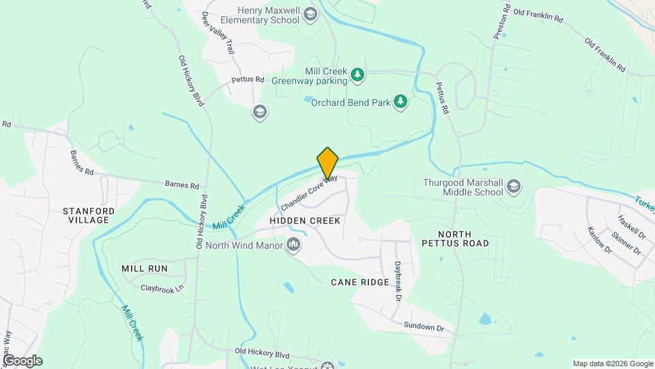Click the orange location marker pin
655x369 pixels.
coord(327,163)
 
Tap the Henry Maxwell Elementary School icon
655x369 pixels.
coord(310,14)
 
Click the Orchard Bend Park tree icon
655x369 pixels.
coord(401,102)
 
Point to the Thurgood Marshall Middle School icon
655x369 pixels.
coord(513,187)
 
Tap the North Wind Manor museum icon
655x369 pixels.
coord(294,245)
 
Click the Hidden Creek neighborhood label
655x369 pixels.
coord(305,221)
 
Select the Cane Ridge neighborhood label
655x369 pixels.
coord(360,282)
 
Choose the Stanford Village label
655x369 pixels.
coord(86,215)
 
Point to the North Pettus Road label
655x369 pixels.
coord(455,238)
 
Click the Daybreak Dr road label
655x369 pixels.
coord(396,281)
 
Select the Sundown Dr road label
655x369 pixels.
coord(424,327)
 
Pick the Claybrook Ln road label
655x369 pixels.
coord(162,288)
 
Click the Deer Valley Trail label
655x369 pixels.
coord(218,33)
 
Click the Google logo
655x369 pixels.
coord(23,361)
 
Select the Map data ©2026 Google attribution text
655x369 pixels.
coord(613,364)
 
